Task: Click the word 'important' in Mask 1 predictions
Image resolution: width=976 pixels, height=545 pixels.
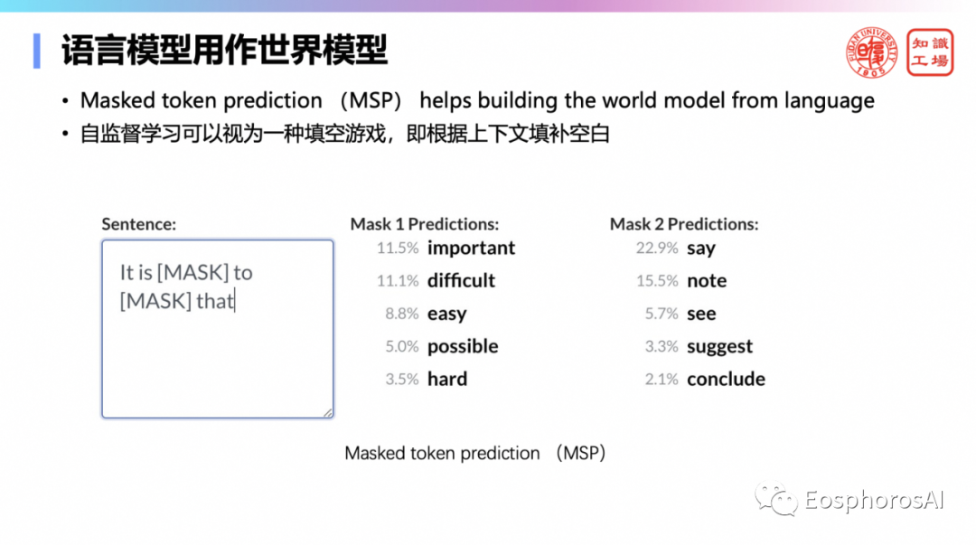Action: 471,248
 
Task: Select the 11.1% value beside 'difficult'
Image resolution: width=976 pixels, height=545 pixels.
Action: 398,281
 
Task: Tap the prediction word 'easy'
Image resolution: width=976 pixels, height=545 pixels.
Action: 447,314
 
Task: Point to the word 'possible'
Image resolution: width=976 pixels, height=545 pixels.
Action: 463,346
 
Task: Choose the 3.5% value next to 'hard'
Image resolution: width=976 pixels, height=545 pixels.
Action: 402,380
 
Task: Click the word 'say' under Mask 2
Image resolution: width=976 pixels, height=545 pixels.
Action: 701,249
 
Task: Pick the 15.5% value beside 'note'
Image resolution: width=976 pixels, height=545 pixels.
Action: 657,281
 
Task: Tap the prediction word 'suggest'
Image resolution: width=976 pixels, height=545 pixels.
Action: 719,347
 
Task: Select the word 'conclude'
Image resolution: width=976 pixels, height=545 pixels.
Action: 726,379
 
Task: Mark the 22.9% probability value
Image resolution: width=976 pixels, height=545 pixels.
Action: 657,248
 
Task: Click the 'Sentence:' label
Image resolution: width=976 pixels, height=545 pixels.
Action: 139,224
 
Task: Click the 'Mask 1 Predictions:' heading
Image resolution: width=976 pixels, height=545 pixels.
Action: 425,224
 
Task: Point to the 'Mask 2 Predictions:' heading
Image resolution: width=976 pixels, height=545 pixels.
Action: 684,224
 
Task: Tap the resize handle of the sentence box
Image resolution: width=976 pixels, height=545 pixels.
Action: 328,412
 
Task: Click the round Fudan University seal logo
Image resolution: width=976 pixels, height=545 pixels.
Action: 871,53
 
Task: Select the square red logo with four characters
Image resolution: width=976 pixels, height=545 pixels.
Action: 930,53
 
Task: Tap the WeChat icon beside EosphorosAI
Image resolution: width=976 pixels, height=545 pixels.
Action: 775,499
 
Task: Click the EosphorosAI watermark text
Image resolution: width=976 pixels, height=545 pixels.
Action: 874,500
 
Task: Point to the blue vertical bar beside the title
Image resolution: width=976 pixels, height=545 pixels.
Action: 37,52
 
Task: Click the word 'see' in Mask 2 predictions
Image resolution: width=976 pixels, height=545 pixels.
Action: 701,314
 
